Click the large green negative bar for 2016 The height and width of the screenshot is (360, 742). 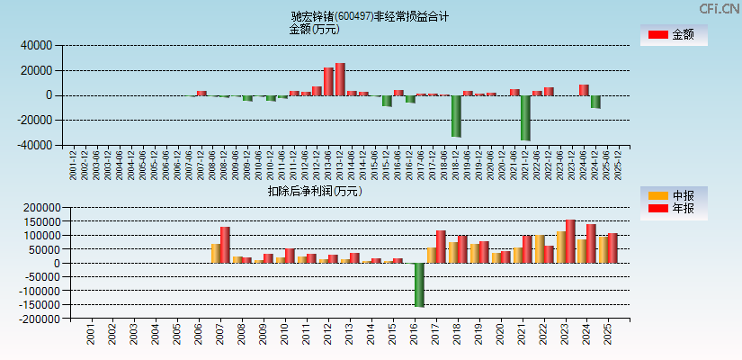tap(419, 284)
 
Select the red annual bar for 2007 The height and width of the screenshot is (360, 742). tap(225, 245)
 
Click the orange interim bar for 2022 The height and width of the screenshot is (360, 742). tap(539, 249)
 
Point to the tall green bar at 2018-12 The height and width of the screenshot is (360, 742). tap(456, 116)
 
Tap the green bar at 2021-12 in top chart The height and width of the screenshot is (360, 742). tap(525, 118)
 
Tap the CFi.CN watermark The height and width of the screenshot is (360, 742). tap(720, 8)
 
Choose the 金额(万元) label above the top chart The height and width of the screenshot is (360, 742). tap(314, 29)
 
